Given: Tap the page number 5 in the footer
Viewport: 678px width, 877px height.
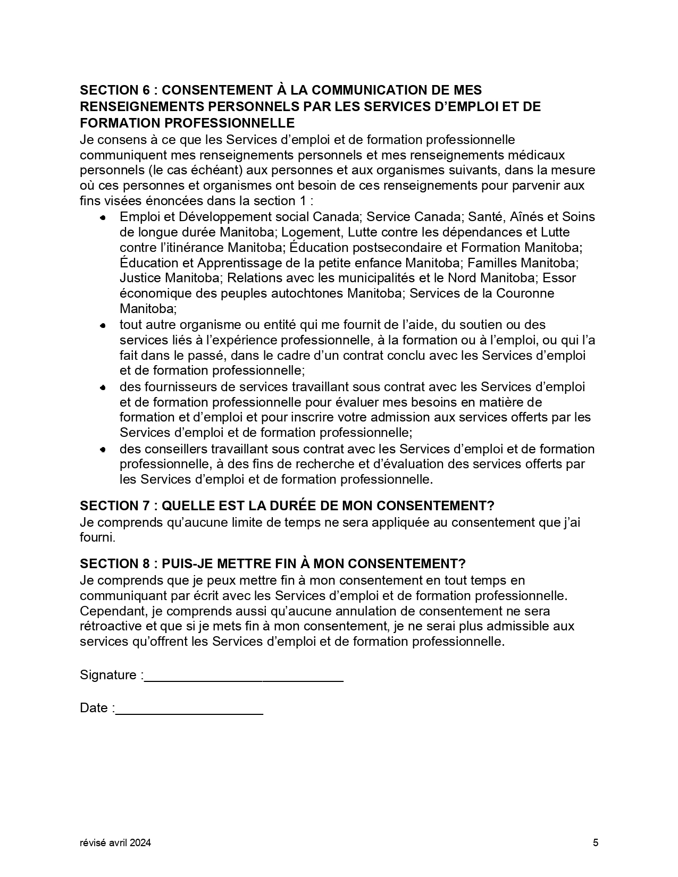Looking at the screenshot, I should (x=596, y=842).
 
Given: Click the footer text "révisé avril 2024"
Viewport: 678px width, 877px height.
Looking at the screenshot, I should (x=115, y=842).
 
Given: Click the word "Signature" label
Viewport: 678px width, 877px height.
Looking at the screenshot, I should (x=108, y=675).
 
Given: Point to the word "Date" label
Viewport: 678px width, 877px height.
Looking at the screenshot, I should (x=94, y=709).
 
